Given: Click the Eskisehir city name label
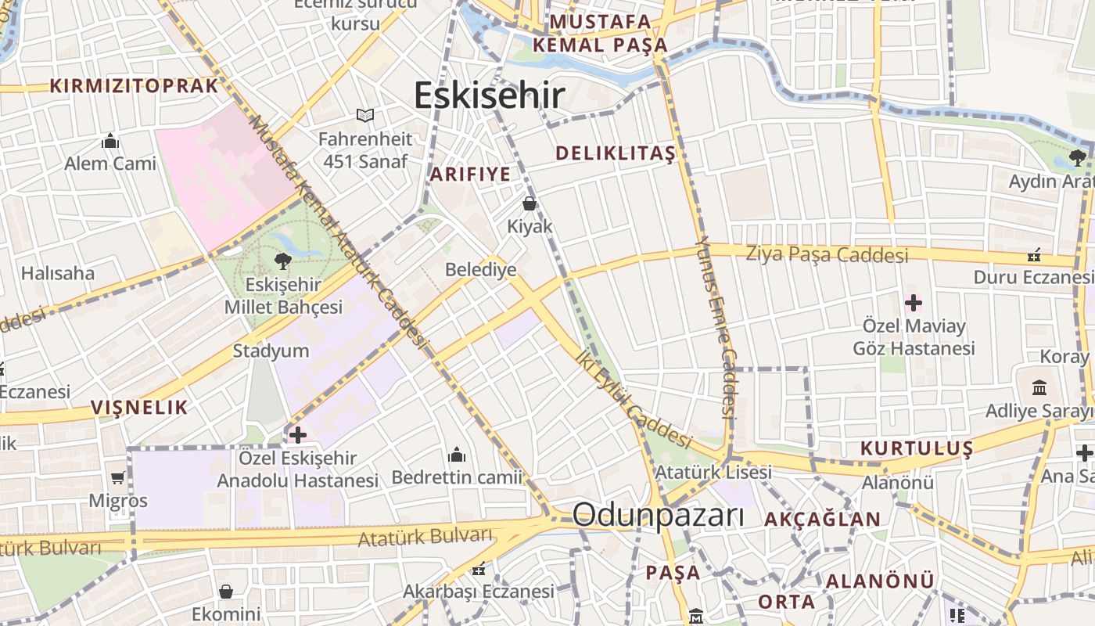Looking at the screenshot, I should [x=489, y=95].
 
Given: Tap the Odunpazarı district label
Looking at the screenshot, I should [x=658, y=516].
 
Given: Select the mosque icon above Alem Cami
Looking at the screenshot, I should [x=110, y=142].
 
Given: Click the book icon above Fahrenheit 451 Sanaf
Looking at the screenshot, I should [x=365, y=116].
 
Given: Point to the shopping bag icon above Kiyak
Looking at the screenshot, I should [x=530, y=204].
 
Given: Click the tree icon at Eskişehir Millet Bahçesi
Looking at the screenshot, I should [x=282, y=261].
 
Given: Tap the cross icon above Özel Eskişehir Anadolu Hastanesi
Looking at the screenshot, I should [x=297, y=434].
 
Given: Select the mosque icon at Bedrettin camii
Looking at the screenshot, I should [x=457, y=455].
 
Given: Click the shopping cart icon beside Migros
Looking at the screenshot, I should [x=118, y=477].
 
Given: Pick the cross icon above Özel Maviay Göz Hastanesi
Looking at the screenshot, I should [x=913, y=303].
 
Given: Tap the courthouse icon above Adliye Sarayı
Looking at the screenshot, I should [x=1040, y=388].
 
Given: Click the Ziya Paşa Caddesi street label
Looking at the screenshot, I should [x=827, y=254].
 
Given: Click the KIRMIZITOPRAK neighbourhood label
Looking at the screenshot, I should [x=134, y=86].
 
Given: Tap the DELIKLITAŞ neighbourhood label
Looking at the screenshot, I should [x=615, y=153].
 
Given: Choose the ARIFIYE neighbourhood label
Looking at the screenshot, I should [x=470, y=174].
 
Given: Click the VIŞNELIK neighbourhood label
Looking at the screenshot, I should [x=139, y=407].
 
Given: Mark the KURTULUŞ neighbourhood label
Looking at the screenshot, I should [x=917, y=448].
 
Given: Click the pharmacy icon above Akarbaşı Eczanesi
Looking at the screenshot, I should [x=478, y=569].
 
